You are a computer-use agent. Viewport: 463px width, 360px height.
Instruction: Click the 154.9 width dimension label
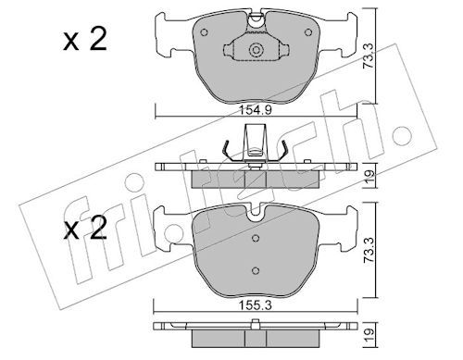(x=256, y=110)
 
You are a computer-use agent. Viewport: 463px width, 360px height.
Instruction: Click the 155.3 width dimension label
(x=255, y=305)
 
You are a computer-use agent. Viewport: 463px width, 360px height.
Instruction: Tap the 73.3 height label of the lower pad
(x=369, y=250)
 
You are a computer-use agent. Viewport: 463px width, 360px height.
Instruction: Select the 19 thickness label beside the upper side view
(x=369, y=177)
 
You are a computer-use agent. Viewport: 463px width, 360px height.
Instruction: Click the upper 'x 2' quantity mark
(x=85, y=39)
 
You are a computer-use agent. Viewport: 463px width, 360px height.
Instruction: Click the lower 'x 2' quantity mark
(x=85, y=228)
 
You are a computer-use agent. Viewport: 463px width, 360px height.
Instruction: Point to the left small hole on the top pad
(x=205, y=32)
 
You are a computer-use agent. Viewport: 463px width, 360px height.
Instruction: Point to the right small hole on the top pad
(x=308, y=32)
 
